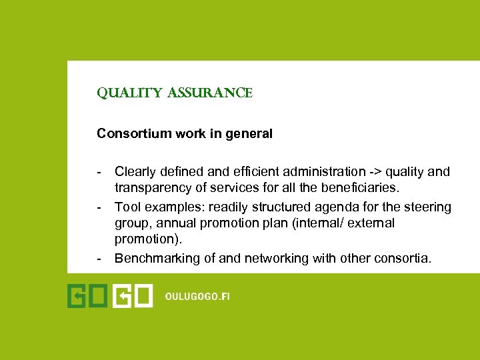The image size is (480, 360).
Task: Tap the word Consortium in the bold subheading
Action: (129, 133)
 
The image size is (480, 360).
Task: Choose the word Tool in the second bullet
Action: (127, 207)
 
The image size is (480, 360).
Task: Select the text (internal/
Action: (320, 223)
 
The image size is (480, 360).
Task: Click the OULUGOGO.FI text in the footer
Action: (197, 297)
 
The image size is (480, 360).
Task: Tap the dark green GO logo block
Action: (88, 296)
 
